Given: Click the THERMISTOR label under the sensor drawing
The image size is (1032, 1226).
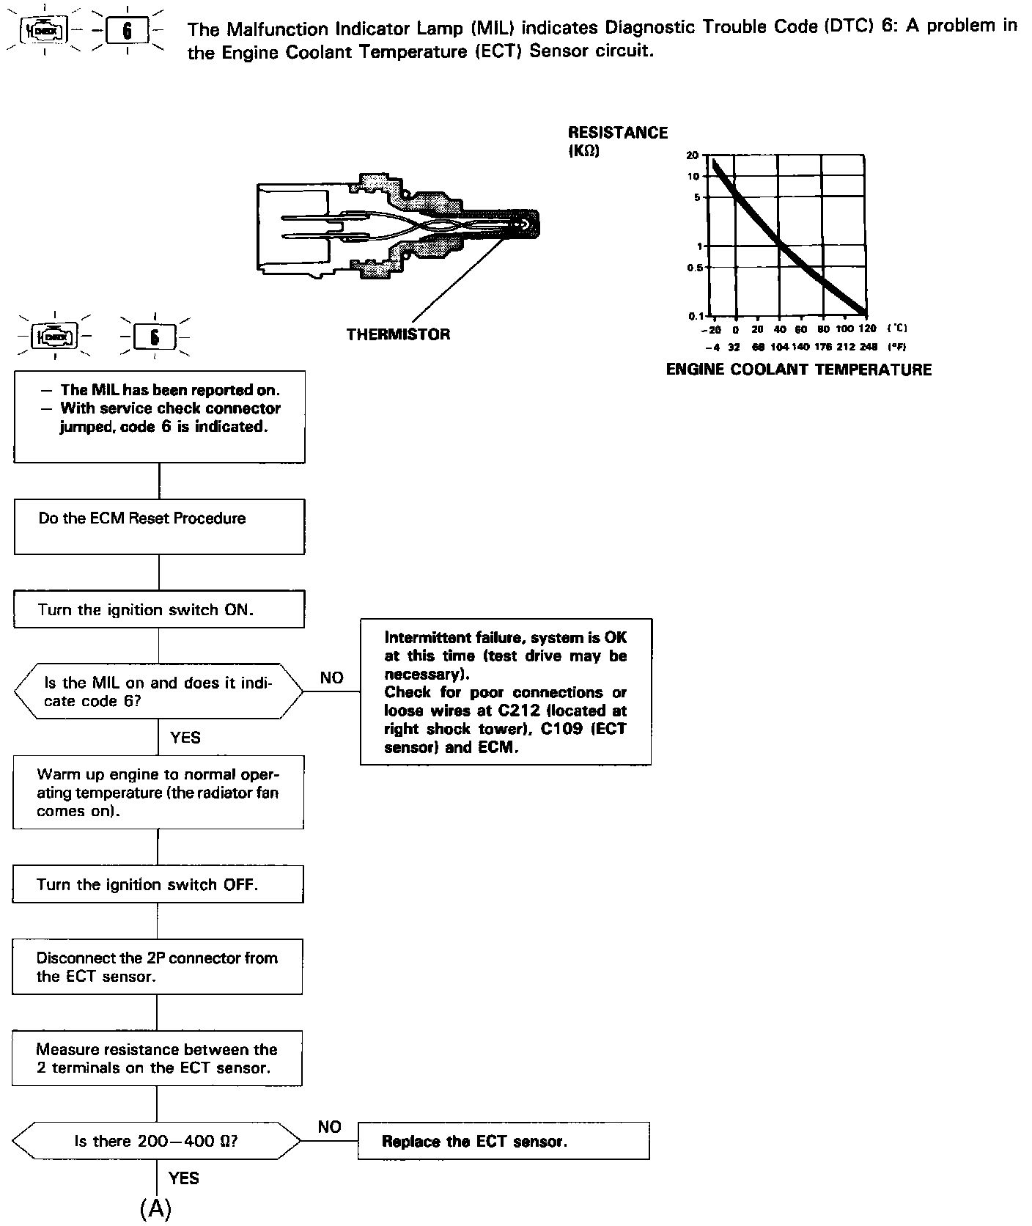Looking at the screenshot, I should (x=398, y=334).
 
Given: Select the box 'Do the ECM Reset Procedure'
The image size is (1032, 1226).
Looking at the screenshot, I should (x=159, y=526).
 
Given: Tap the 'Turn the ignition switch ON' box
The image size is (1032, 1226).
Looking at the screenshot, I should (x=159, y=610).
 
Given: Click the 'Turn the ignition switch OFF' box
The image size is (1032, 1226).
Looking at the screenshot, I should (x=158, y=884).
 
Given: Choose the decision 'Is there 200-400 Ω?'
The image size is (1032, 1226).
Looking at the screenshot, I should (x=157, y=1141).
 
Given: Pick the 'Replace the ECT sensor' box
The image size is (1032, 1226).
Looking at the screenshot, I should (x=503, y=1141).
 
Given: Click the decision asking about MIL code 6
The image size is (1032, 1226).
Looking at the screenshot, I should (x=158, y=691).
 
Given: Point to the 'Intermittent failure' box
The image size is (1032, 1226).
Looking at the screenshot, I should (x=505, y=691).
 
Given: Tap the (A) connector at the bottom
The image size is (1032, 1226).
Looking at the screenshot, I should (x=155, y=1208).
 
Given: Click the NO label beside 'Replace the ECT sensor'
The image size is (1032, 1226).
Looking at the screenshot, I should (x=330, y=1127).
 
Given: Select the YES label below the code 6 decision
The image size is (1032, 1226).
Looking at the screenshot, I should (x=185, y=738).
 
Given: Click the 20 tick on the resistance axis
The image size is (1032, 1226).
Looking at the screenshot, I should (x=693, y=155).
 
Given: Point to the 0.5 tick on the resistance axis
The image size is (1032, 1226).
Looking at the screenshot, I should (x=694, y=268).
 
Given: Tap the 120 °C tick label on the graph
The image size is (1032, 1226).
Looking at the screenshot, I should (x=867, y=328).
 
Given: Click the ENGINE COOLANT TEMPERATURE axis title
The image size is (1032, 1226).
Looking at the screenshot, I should (x=798, y=370).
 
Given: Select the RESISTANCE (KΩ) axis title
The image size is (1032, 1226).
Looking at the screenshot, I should (x=617, y=142).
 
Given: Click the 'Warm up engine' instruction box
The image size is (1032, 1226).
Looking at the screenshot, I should (x=158, y=792).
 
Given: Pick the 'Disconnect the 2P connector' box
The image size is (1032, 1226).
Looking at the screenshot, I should (x=157, y=966).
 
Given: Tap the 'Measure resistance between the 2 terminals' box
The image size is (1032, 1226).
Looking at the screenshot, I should (x=157, y=1058).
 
